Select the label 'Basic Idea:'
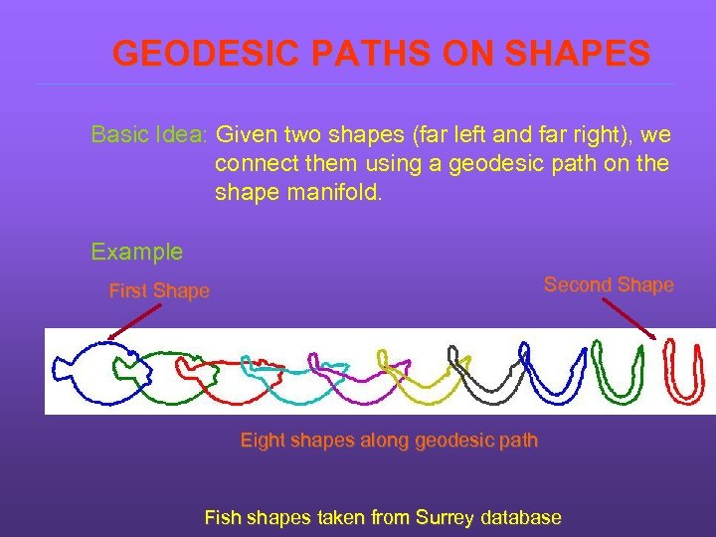click(x=150, y=134)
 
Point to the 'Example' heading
click(x=136, y=252)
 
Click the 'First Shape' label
click(x=159, y=290)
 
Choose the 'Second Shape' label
click(x=609, y=285)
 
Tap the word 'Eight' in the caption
click(x=263, y=440)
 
